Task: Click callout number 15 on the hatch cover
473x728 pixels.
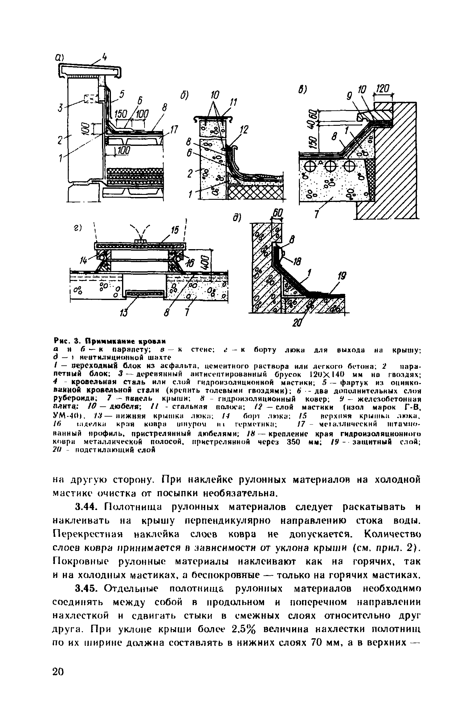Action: [x=175, y=230]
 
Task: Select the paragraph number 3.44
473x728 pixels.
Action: [x=88, y=507]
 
